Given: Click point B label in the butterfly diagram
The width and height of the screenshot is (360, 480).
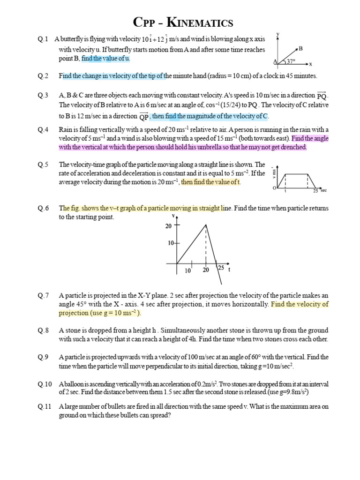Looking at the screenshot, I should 300,48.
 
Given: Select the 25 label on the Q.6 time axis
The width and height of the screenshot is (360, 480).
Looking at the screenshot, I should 220,268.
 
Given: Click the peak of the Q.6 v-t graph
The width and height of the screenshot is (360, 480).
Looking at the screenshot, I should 206,225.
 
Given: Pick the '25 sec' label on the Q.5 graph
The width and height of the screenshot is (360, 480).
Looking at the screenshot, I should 319,191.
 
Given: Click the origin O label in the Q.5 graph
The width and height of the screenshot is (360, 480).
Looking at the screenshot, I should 274,188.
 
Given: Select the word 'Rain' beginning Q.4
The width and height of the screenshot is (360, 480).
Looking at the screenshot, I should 66,129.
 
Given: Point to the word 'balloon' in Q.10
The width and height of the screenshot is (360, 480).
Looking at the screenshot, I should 72,383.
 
